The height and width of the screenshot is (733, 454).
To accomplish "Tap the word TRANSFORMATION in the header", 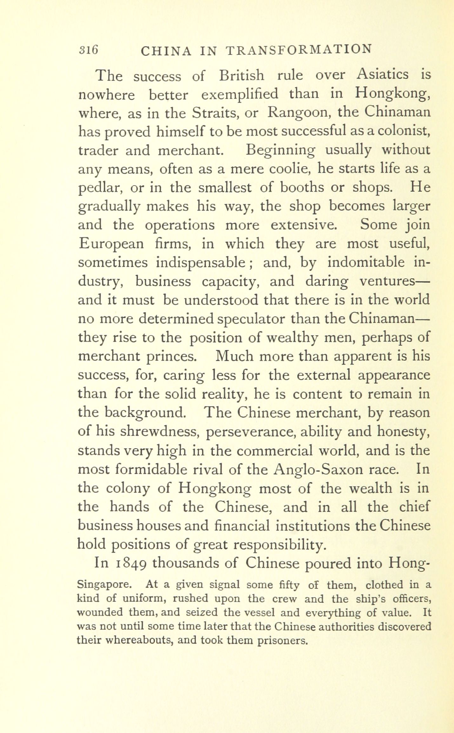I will pos(298,50).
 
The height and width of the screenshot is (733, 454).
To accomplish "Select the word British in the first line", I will pos(241,76).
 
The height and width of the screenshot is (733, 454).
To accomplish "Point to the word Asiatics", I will pos(383,75).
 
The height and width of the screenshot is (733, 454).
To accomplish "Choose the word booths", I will pos(301,188).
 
